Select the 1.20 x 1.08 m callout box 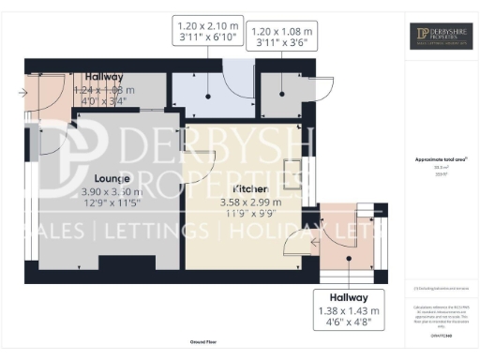[x=282, y=37]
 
